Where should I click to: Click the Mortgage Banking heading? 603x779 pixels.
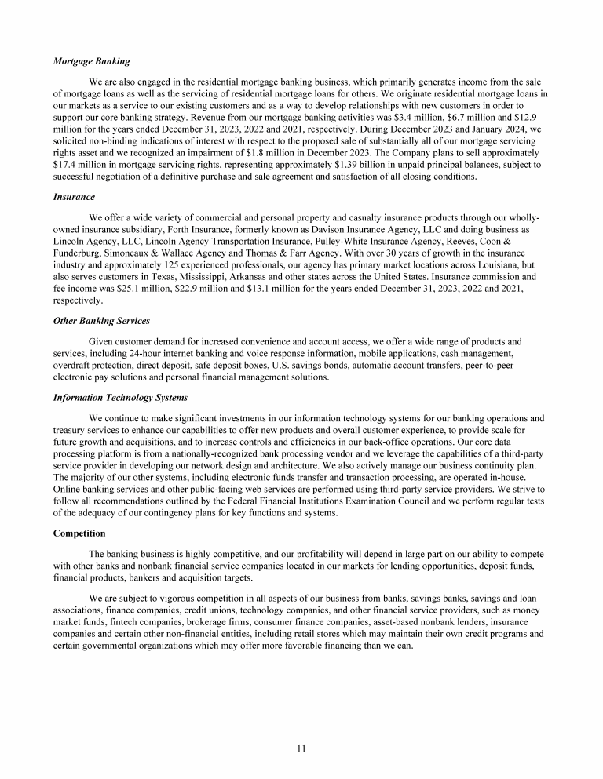tap(91, 60)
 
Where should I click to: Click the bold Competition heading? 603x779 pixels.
tap(80, 533)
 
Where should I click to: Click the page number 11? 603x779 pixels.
tap(301, 748)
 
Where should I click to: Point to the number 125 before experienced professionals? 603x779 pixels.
tap(200, 264)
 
